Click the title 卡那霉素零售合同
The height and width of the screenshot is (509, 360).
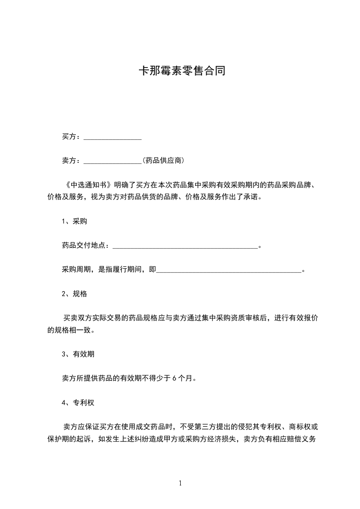(x=182, y=71)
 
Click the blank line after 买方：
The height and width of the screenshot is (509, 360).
(x=113, y=137)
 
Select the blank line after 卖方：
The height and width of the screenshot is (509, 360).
(x=113, y=161)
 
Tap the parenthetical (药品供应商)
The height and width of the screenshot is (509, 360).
(x=163, y=161)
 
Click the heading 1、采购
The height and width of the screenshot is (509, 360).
(x=74, y=222)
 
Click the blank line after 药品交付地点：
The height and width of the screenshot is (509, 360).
(x=185, y=246)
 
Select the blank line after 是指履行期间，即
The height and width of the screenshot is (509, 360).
(x=228, y=270)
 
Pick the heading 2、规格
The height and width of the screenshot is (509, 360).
(x=74, y=294)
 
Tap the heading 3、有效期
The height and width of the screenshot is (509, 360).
(x=78, y=354)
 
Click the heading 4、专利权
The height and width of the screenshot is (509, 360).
(x=78, y=402)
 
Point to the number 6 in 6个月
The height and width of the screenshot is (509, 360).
(x=175, y=378)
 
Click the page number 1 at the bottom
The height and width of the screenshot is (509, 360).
(x=180, y=483)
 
